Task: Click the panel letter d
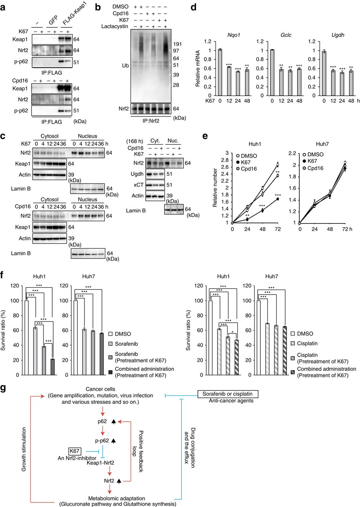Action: pyautogui.click(x=194, y=7)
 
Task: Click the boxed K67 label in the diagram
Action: pyautogui.click(x=75, y=451)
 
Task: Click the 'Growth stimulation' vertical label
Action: pyautogui.click(x=24, y=449)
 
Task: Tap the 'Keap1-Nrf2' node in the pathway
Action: pyautogui.click(x=101, y=463)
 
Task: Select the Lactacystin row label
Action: pyautogui.click(x=115, y=26)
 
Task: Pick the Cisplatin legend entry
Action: pyautogui.click(x=307, y=343)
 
